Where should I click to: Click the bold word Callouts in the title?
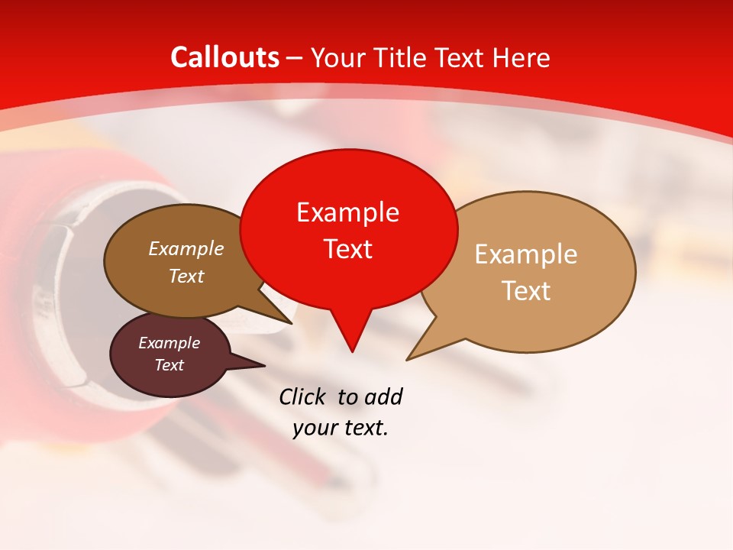225,57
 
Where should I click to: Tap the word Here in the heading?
521,57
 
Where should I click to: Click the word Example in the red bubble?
347,212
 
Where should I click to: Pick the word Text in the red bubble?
347,249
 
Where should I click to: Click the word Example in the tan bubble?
526,254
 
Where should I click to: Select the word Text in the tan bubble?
526,291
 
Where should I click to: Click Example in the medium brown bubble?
186,249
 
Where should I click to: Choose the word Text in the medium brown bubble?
186,277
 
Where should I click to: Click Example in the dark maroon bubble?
169,344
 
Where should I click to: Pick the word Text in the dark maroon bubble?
169,366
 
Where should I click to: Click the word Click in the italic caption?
303,397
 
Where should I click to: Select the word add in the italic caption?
383,397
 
